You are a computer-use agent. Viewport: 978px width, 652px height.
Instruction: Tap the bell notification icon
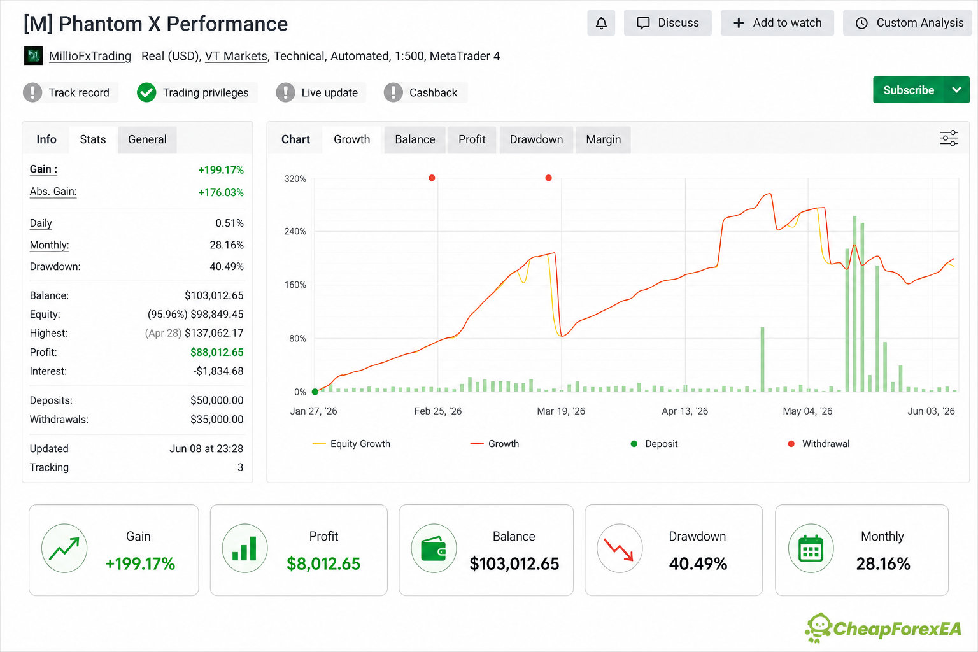[601, 23]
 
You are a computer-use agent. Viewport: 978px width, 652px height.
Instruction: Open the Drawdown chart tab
[536, 139]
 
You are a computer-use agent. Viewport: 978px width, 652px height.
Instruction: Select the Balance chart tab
[415, 139]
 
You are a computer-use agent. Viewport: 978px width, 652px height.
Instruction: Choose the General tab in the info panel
[147, 139]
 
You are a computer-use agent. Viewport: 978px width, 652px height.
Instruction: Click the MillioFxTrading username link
[90, 56]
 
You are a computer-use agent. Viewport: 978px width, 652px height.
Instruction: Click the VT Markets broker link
[236, 56]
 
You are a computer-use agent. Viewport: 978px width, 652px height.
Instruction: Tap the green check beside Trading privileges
[146, 92]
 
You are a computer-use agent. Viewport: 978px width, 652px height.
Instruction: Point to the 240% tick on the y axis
[295, 232]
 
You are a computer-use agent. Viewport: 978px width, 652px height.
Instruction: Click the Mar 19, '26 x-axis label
[560, 411]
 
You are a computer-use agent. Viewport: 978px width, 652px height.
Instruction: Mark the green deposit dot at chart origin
[315, 392]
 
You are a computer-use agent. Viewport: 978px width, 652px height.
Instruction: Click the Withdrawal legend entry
[819, 444]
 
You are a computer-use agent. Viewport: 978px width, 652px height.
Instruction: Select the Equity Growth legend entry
[351, 444]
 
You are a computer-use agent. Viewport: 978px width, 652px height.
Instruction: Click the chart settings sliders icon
[949, 138]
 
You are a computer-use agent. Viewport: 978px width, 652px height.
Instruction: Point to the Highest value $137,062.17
[214, 333]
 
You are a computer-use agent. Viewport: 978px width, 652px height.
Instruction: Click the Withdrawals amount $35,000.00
[216, 419]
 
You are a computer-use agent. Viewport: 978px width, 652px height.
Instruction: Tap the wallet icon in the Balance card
[434, 548]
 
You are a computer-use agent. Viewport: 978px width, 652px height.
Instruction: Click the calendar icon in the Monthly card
[811, 548]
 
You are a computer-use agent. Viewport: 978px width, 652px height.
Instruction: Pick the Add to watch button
[777, 23]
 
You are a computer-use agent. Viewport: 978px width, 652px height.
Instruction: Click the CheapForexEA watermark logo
[883, 628]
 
